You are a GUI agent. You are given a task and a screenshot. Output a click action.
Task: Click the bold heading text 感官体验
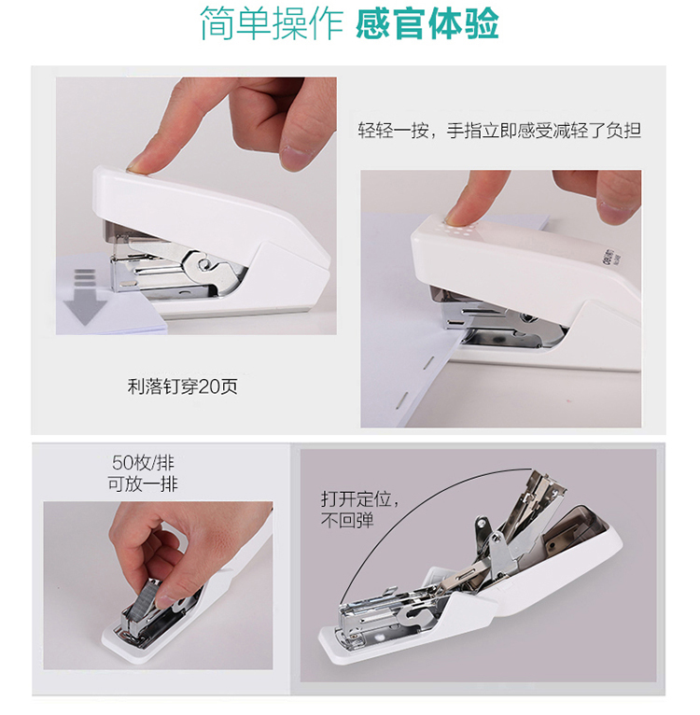pos(427,23)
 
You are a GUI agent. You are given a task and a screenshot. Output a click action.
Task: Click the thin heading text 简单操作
pos(272,23)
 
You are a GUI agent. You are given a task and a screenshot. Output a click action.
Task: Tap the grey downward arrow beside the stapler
pos(85,297)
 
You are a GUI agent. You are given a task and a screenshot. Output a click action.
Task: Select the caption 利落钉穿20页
pos(182,386)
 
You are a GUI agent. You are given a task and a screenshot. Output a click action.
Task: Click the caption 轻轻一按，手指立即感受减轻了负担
pos(499,131)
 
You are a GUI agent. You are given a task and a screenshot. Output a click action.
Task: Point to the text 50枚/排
pos(143,462)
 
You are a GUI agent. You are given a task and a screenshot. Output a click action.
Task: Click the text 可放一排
pos(143,484)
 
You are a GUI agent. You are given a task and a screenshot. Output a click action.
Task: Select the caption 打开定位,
pos(360,498)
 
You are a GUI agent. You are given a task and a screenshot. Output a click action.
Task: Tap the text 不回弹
pos(347,520)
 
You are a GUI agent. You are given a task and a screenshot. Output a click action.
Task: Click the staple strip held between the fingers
pos(145,598)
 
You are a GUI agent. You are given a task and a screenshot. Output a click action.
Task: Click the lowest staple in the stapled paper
pos(400,399)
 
